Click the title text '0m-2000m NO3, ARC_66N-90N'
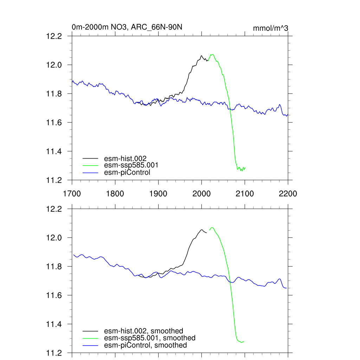[127, 27]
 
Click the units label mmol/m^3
[271, 28]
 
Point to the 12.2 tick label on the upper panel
[54, 36]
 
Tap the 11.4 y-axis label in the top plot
[54, 152]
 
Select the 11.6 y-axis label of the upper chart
[54, 123]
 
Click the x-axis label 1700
[72, 194]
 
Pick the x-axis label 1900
[158, 194]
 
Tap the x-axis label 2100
[245, 194]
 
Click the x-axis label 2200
[288, 194]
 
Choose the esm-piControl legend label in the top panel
[127, 172]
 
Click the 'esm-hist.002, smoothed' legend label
[143, 331]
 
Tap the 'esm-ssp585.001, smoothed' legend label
[149, 338]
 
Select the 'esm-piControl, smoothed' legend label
[145, 345]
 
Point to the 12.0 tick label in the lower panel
[54, 238]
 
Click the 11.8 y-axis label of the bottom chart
[54, 267]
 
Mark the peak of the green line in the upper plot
[212, 54]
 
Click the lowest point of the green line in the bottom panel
[241, 342]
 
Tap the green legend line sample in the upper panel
[90, 165]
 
